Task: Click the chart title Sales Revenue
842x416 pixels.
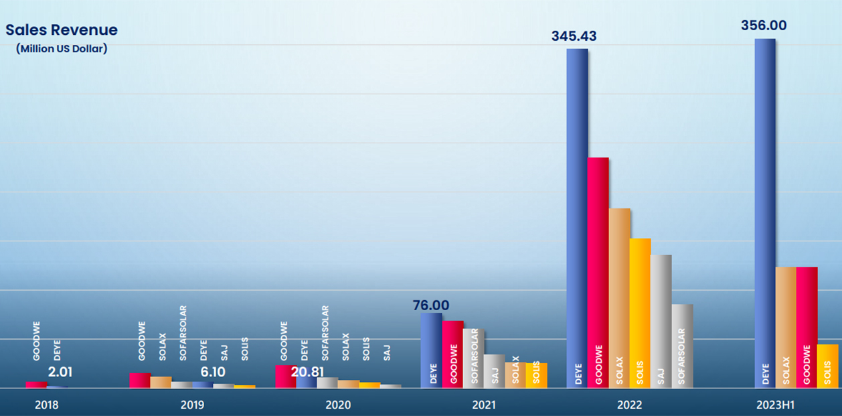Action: pos(62,30)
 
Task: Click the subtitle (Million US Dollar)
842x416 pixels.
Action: pos(62,48)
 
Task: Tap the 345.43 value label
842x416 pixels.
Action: pos(574,36)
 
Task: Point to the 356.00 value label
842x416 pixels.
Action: pos(764,25)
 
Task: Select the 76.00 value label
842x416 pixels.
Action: pos(431,305)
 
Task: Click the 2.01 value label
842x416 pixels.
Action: pos(61,371)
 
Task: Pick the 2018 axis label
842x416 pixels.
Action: pos(47,405)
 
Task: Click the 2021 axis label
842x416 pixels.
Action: pos(483,405)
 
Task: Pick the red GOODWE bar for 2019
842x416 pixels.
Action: pos(140,380)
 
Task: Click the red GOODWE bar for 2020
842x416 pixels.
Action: pos(286,376)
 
